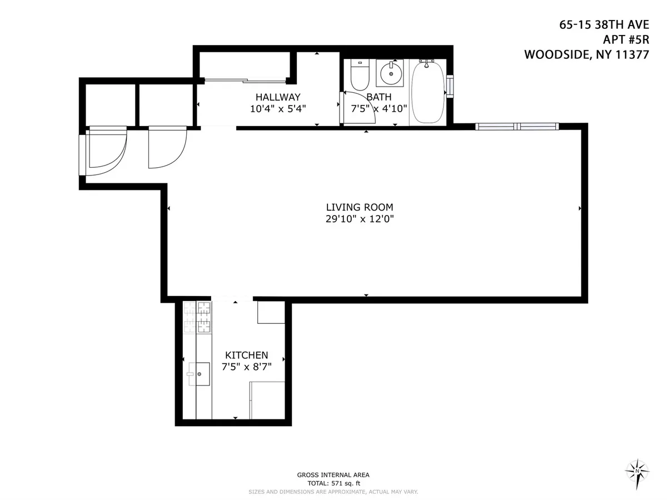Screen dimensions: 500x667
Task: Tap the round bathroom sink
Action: tap(391, 73)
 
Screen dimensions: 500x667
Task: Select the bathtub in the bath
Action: tap(427, 93)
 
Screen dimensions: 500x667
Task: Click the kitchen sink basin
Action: tap(198, 374)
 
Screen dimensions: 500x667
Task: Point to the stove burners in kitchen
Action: tap(198, 318)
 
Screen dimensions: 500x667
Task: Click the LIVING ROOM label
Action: tap(364, 207)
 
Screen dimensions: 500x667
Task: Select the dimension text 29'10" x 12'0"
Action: tap(364, 219)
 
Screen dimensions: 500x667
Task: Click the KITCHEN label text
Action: tap(246, 355)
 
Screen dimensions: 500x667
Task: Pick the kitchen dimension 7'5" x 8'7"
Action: tap(246, 367)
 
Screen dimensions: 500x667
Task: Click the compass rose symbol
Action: tap(637, 471)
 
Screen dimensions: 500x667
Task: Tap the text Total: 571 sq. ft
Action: tap(333, 483)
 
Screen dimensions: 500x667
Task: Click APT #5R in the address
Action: tap(626, 40)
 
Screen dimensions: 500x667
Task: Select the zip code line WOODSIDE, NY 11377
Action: tap(587, 54)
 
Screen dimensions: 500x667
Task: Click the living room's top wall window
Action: tap(516, 126)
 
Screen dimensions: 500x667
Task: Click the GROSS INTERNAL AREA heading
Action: tap(333, 475)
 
